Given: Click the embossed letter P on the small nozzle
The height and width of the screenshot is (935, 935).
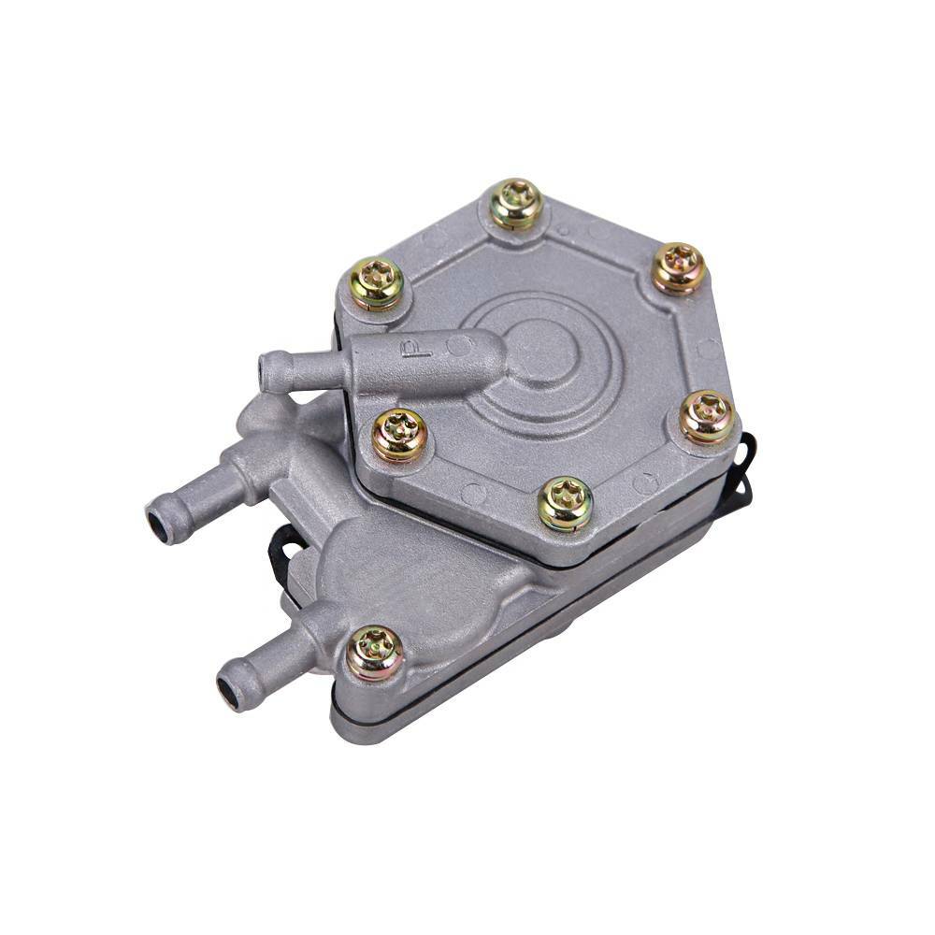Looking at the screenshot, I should click(x=411, y=352).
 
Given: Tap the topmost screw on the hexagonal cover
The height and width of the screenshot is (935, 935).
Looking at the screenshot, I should click(x=516, y=204).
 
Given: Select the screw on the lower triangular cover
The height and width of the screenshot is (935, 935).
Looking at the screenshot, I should click(x=375, y=652).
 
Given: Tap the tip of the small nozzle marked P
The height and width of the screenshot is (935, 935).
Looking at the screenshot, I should click(x=269, y=372).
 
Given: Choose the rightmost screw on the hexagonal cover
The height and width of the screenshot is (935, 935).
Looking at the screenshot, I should click(x=707, y=416).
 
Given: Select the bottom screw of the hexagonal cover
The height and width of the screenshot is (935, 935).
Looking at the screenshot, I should click(x=565, y=503).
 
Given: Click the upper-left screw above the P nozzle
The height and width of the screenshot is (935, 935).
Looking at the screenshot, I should click(x=376, y=282).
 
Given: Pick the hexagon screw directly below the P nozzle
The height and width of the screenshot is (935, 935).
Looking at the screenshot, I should click(x=400, y=435).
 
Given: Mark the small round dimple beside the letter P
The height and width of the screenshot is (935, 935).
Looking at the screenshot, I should click(x=456, y=345).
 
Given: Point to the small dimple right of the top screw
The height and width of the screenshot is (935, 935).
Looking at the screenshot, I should click(x=563, y=228).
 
